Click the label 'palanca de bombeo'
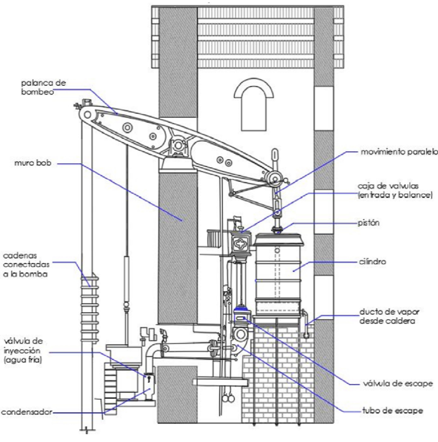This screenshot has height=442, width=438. (x=43, y=88)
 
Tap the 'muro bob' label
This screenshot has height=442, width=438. (x=33, y=163)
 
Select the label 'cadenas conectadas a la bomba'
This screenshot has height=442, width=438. (x=26, y=265)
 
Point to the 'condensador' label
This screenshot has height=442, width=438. (x=27, y=412)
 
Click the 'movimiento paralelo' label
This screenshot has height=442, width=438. (x=399, y=152)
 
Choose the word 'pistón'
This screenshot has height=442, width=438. (x=369, y=223)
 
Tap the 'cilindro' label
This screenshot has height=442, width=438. (x=372, y=262)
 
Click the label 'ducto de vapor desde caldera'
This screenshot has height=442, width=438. (x=389, y=316)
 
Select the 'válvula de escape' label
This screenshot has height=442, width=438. (x=398, y=383)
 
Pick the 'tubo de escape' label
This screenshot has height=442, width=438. (x=392, y=410)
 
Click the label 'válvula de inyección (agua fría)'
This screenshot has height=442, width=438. (x=23, y=351)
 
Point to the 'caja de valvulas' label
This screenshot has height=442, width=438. (x=388, y=186)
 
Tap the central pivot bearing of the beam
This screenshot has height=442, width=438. (x=178, y=145)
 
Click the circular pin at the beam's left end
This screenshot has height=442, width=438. (x=88, y=115)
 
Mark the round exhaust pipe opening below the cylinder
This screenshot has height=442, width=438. (x=241, y=335)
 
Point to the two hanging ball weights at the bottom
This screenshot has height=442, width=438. (x=227, y=398)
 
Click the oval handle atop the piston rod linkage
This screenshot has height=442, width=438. (x=275, y=155)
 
